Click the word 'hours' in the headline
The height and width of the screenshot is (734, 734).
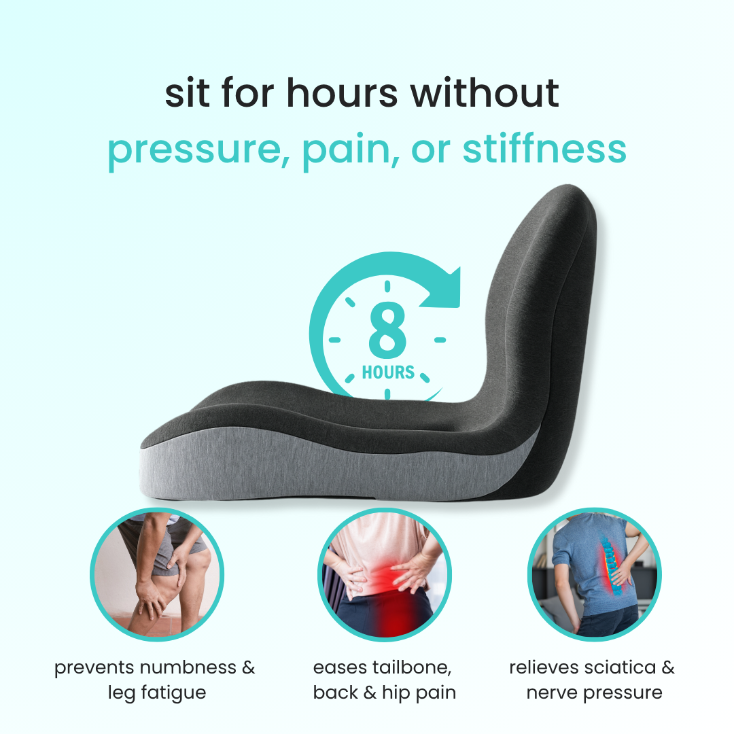click(342, 92)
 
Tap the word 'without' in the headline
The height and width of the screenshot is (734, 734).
click(485, 92)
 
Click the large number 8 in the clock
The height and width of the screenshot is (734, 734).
click(387, 330)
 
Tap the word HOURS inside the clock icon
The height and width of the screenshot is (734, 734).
click(388, 372)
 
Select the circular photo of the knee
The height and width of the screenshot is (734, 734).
click(157, 574)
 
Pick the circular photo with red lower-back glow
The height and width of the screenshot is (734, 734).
click(384, 574)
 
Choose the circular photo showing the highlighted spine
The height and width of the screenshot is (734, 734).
click(595, 574)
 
